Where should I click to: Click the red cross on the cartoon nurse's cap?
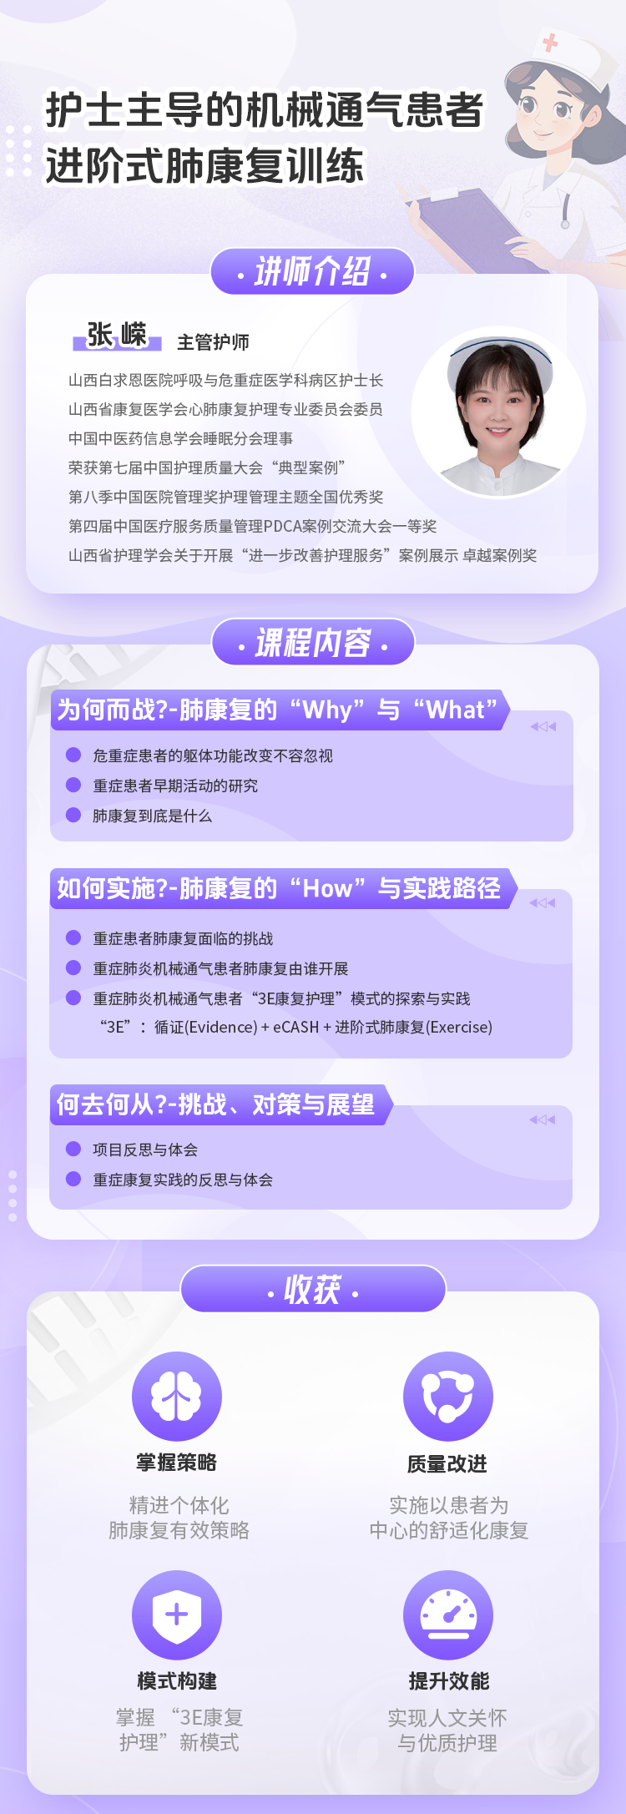point(550,42)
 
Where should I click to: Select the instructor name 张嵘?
point(117,336)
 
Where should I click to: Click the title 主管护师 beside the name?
point(213,342)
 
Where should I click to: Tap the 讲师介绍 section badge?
point(312,271)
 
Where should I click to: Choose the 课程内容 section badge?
point(313,643)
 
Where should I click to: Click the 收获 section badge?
point(313,1290)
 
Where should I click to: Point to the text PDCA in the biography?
point(285,527)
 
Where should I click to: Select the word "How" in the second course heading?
point(328,889)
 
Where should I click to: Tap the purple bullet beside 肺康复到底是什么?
point(73,815)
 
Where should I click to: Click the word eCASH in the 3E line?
point(296,1028)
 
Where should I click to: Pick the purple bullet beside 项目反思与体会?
point(73,1149)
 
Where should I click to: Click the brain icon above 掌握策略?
point(177,1397)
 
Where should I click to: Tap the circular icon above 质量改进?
point(448,1397)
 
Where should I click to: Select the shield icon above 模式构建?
point(177,1615)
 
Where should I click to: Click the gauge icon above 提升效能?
point(448,1615)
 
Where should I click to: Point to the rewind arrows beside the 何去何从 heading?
point(542,1119)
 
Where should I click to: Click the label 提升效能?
point(449,1681)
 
